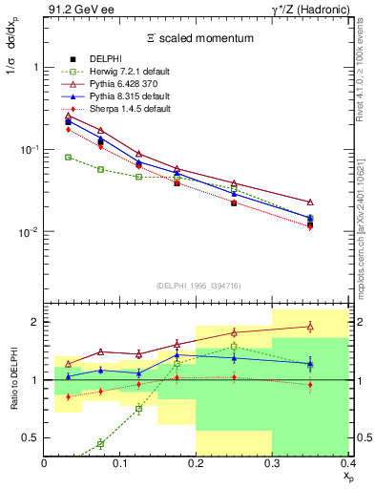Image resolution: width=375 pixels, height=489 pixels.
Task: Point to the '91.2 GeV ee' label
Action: coord(74,9)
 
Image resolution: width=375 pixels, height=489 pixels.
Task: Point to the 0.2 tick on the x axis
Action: coord(196,463)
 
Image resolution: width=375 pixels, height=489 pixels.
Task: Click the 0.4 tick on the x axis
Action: coord(347,463)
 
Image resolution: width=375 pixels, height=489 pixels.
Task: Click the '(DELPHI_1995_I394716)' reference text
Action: coord(197,286)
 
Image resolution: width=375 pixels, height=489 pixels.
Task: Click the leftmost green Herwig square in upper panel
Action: coord(68,157)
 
